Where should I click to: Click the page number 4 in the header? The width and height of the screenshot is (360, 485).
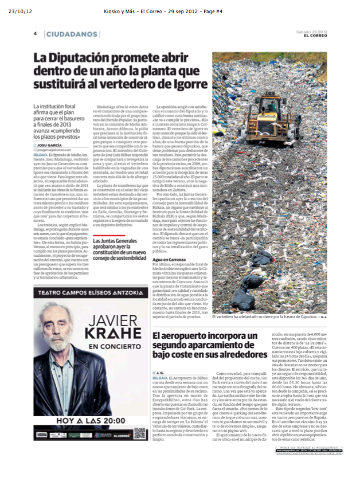(x=35, y=34)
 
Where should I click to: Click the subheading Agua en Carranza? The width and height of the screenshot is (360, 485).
(x=170, y=260)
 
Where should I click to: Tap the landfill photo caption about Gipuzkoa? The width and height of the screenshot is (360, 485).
(x=262, y=316)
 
